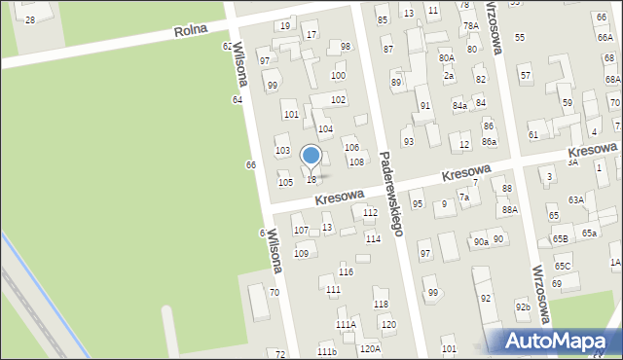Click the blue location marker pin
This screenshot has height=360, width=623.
(x=311, y=157)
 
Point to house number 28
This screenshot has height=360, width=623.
(x=30, y=19)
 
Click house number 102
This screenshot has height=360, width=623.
(x=338, y=99)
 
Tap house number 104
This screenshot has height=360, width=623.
(x=326, y=128)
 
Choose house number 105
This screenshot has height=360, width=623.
(x=285, y=182)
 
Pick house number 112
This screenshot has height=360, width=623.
(x=370, y=212)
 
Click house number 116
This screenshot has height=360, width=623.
(x=346, y=271)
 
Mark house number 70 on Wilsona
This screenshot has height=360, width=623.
(x=275, y=292)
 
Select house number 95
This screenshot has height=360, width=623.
(x=418, y=203)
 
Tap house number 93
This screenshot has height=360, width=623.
(x=408, y=141)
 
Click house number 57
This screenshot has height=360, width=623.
(x=526, y=75)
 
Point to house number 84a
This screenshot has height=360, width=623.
(x=459, y=104)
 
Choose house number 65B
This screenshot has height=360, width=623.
(x=561, y=238)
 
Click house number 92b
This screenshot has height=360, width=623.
(x=523, y=307)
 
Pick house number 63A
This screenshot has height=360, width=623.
(x=576, y=199)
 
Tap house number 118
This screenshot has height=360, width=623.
(x=381, y=305)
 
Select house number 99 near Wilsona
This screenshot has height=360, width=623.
(x=273, y=85)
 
